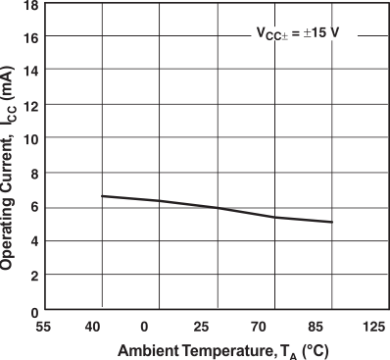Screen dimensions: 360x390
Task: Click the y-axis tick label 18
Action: click(x=30, y=5)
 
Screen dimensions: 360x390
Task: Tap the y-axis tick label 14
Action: click(x=30, y=71)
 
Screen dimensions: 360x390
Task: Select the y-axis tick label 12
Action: click(x=30, y=104)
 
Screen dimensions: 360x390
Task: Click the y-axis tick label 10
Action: click(x=30, y=138)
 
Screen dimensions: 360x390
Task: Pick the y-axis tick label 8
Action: click(x=34, y=174)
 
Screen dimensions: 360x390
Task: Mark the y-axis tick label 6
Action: click(x=34, y=207)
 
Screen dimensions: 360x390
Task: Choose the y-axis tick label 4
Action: click(x=34, y=241)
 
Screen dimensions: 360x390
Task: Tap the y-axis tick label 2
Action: click(x=34, y=276)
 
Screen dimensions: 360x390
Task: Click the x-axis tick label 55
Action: click(x=44, y=326)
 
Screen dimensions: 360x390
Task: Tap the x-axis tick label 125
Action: click(x=372, y=326)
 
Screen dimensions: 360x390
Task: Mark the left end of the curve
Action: click(x=102, y=196)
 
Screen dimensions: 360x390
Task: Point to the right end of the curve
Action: click(x=332, y=222)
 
